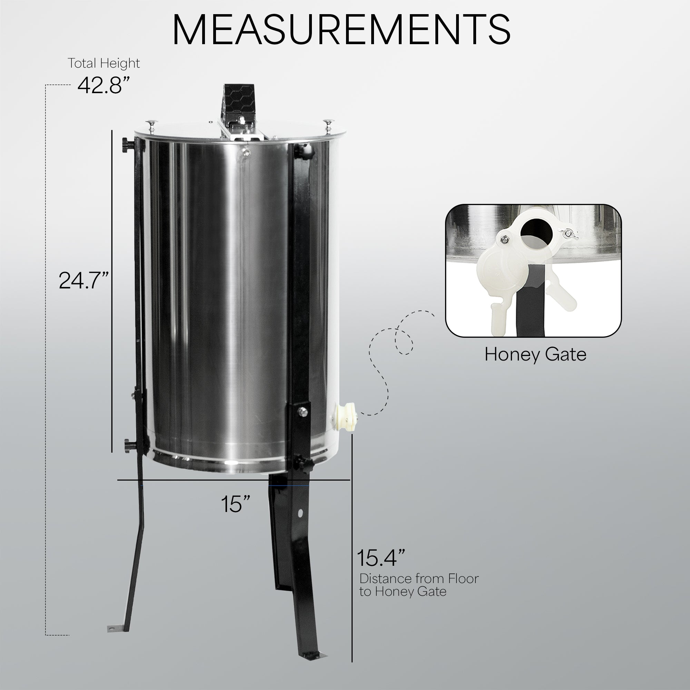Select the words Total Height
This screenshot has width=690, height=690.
pyautogui.click(x=103, y=63)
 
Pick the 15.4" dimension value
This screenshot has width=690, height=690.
pyautogui.click(x=381, y=558)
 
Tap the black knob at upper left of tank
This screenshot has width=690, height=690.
pyautogui.click(x=128, y=145)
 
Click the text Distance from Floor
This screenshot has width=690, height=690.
pyautogui.click(x=419, y=578)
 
